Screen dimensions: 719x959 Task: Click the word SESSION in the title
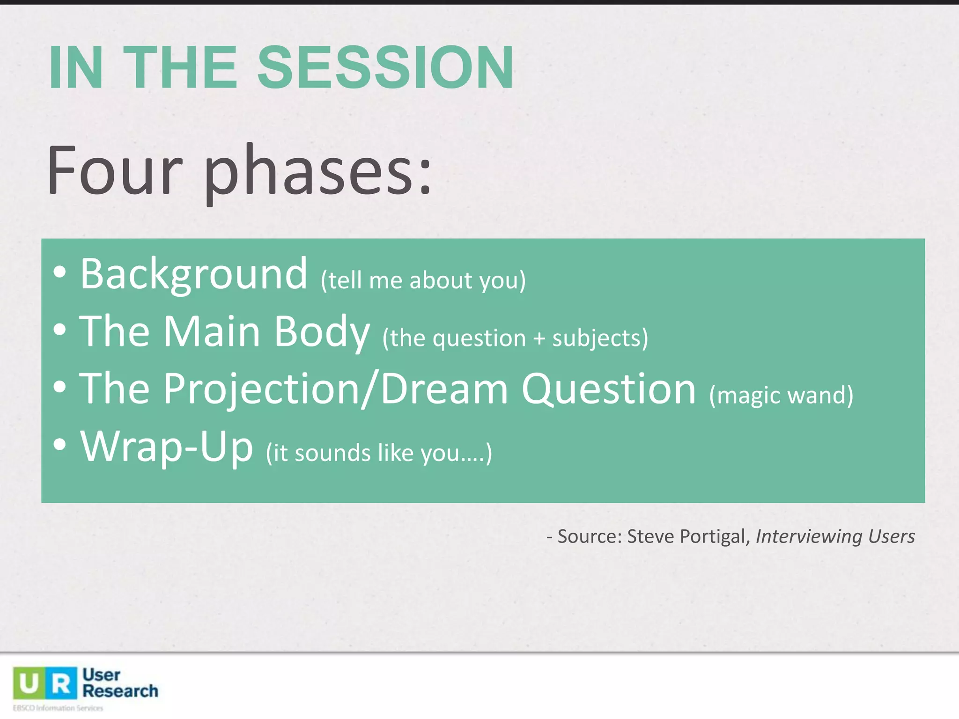pos(385,67)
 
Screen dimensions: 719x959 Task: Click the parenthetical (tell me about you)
pos(423,280)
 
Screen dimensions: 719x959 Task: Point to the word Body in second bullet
pos(322,332)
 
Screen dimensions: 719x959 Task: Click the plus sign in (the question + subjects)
pos(539,338)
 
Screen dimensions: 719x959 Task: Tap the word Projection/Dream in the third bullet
pos(335,389)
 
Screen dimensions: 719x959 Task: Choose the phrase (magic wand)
pos(781,395)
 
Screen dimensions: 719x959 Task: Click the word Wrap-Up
pos(167,447)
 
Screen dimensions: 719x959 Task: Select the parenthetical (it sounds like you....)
pos(379,453)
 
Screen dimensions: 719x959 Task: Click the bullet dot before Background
pos(59,272)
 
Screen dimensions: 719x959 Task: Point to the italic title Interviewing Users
pos(835,536)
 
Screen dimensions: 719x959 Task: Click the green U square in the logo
pos(29,683)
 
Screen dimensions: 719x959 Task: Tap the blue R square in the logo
pos(61,683)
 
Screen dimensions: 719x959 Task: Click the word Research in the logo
pos(120,691)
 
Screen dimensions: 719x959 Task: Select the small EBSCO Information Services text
pos(58,708)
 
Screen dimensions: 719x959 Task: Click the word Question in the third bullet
pos(608,389)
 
